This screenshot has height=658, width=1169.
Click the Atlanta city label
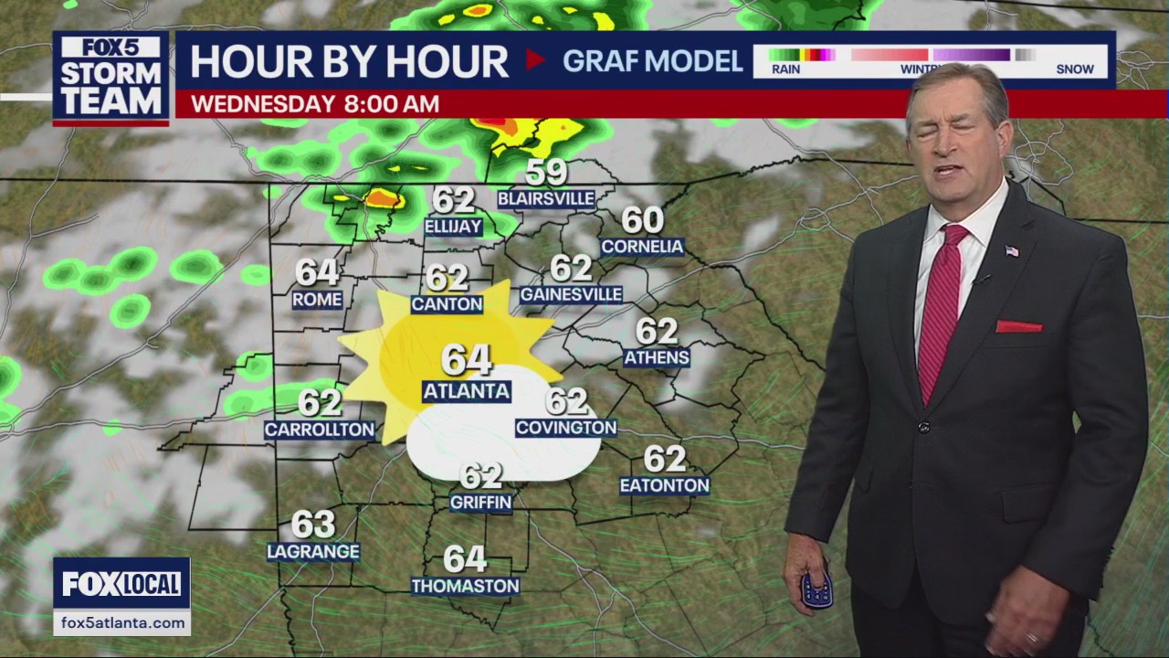coord(466,391)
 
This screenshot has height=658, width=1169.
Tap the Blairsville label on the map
coord(546,198)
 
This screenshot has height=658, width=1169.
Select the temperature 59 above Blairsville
coord(546,172)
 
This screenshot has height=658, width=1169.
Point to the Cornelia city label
coord(642,246)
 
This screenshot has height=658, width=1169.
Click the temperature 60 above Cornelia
coord(642,220)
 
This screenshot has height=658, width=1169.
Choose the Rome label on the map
coord(317,299)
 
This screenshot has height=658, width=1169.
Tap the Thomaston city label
coord(465,586)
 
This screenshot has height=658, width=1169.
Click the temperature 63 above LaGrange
coord(313,525)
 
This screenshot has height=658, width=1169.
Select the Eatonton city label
coord(664,485)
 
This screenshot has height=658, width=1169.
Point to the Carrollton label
coord(320,429)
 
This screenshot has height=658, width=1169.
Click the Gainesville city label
coord(571,294)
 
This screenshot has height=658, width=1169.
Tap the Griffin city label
coord(480,502)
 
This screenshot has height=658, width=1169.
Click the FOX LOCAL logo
coord(121,583)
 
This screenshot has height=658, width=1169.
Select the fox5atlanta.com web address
coord(121,622)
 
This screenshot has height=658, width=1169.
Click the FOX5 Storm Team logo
coord(111,79)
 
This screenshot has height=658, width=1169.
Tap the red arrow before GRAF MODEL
coord(536,60)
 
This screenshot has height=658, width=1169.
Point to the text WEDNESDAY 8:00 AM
coord(315,103)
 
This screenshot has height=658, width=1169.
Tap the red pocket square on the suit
coord(1018,326)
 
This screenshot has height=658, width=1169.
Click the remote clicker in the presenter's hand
coord(816,589)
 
